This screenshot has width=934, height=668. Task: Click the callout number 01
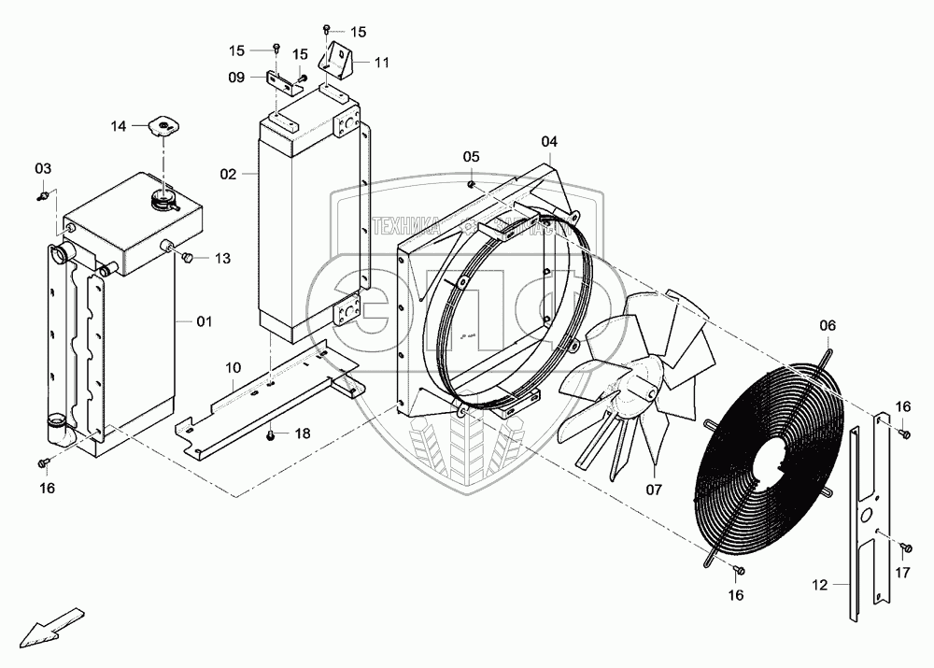[205, 321]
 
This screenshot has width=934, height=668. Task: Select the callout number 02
[228, 174]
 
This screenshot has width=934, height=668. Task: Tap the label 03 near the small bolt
[44, 168]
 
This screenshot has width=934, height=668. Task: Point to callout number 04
[549, 141]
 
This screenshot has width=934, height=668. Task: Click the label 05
[471, 155]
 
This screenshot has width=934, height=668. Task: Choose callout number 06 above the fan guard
[828, 325]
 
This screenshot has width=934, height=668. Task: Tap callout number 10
[233, 368]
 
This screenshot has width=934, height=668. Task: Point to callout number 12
[819, 586]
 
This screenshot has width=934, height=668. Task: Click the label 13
[221, 258]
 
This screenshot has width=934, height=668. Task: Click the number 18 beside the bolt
[302, 434]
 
